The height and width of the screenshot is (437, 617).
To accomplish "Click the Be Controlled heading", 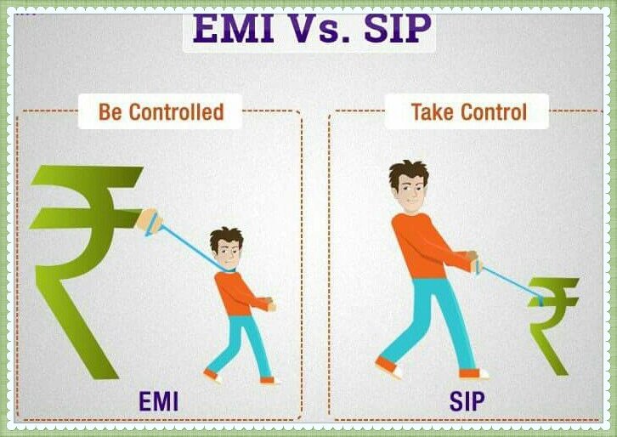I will click(160, 111).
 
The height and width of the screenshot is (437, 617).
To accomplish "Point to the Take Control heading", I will click(468, 111).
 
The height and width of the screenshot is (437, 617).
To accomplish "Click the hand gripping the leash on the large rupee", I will click(149, 223).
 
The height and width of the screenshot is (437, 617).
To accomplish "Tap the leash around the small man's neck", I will click(223, 270).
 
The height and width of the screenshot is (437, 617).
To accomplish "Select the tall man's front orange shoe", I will click(473, 372).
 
